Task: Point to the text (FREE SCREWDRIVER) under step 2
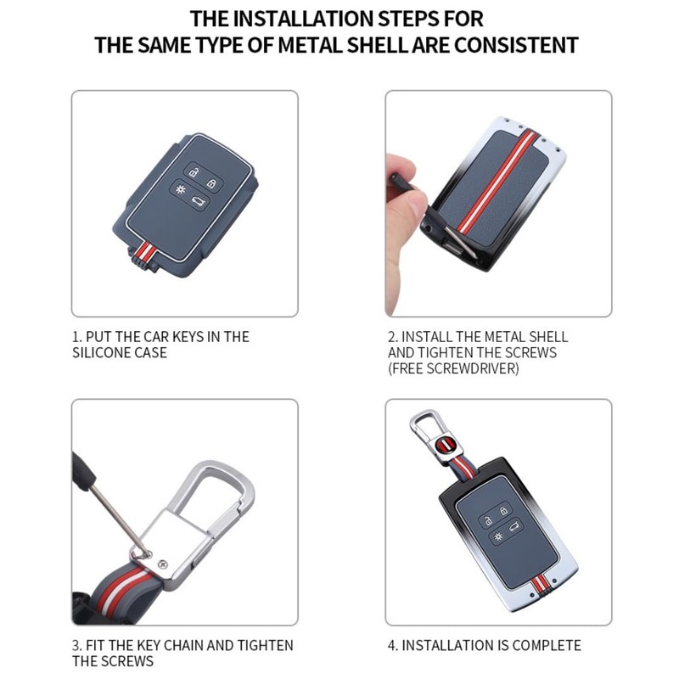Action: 453,368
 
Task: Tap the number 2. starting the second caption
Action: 393,337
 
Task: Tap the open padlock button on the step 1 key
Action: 192,173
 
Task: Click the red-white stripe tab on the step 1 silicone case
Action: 145,254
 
